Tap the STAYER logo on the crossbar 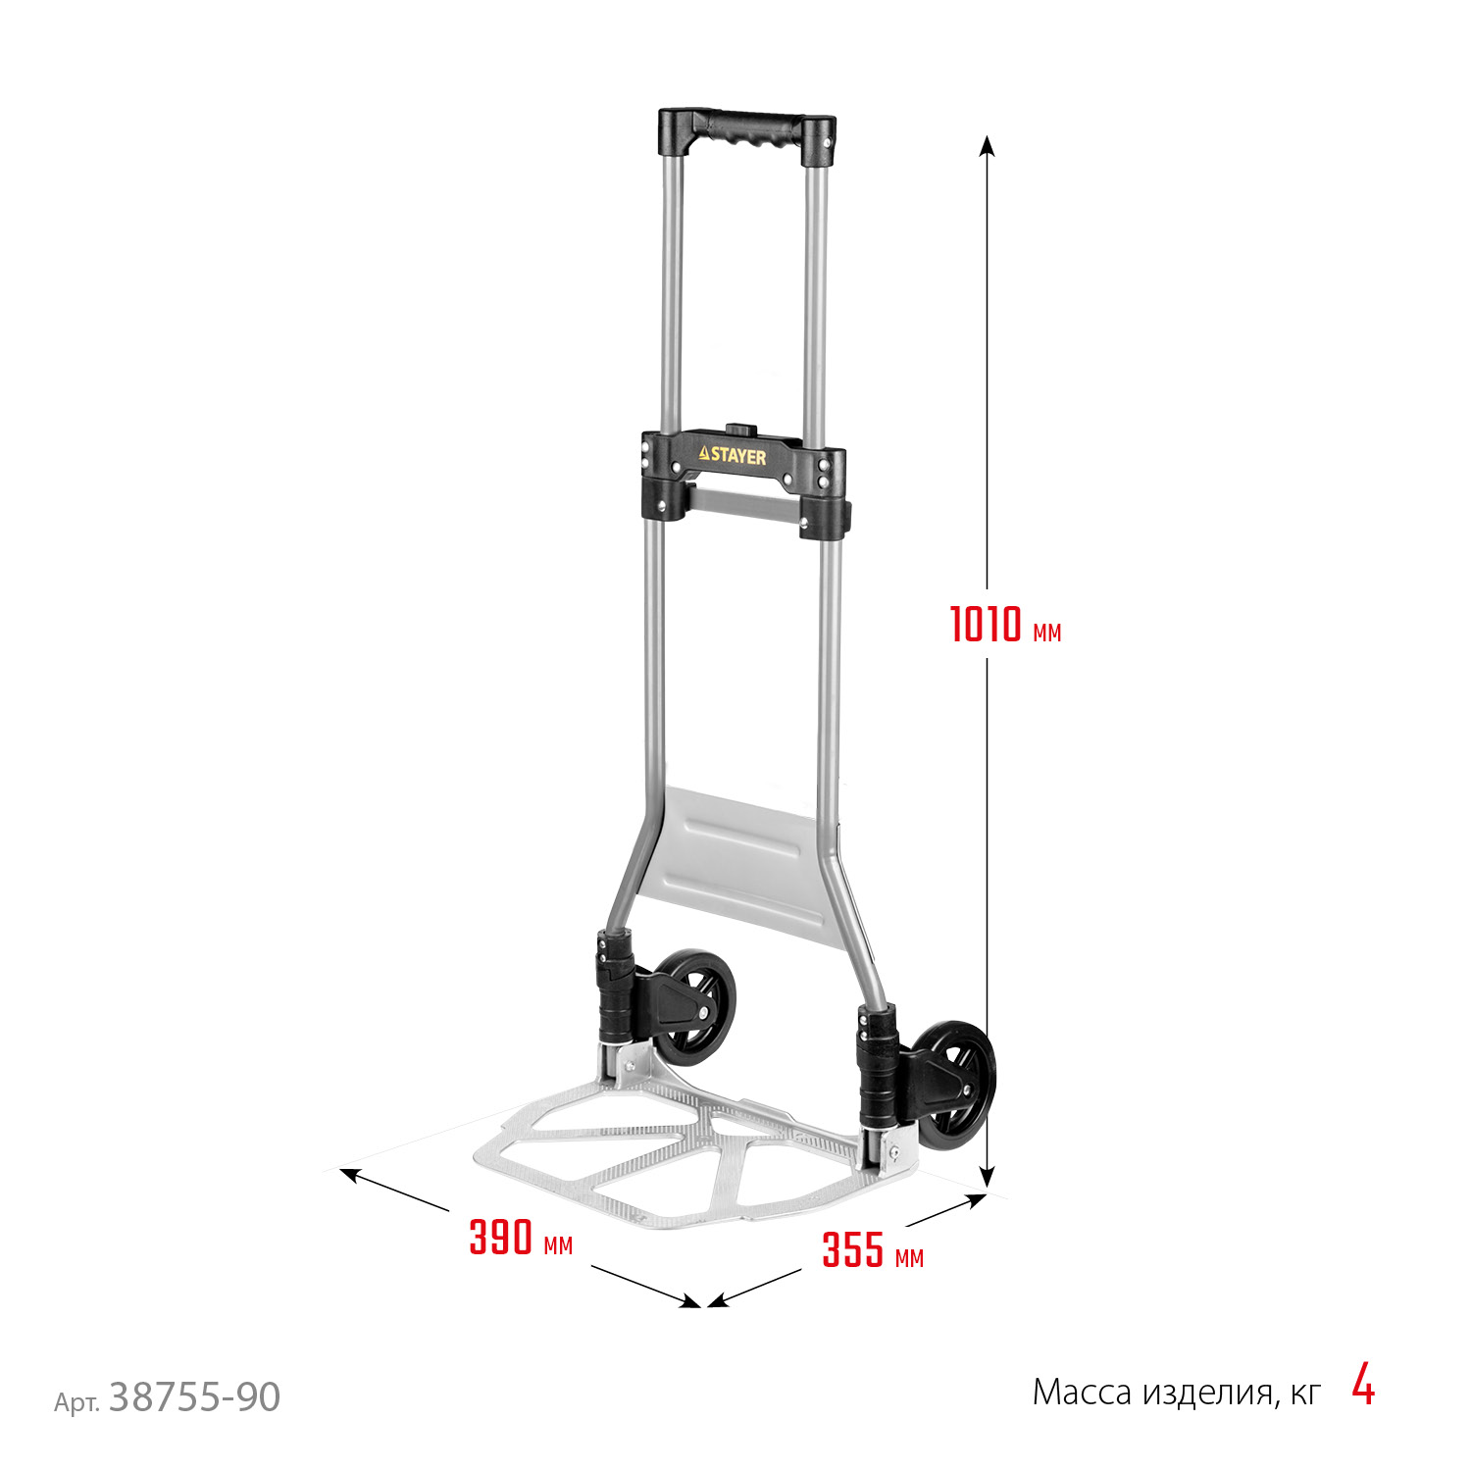click(733, 456)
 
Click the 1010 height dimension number click(986, 625)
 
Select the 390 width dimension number click(500, 1238)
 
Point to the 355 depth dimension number click(852, 1250)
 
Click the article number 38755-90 click(194, 1396)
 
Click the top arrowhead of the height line click(988, 144)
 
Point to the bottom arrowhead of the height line click(988, 1177)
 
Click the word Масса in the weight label click(1082, 1393)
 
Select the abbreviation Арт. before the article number click(76, 1403)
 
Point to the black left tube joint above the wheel click(615, 990)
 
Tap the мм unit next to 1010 click(1046, 633)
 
